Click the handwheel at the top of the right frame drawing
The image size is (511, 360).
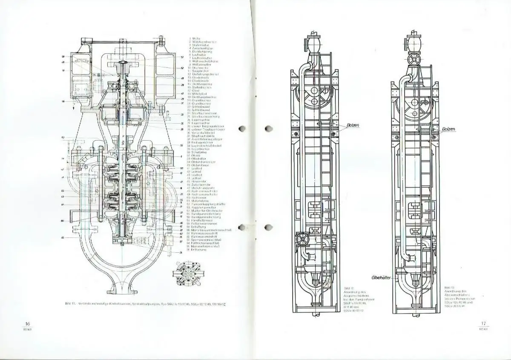pyautogui.click(x=413, y=60)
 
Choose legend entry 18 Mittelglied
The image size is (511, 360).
pyautogui.click(x=199, y=94)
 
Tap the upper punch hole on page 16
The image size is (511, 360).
pyautogui.click(x=243, y=129)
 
